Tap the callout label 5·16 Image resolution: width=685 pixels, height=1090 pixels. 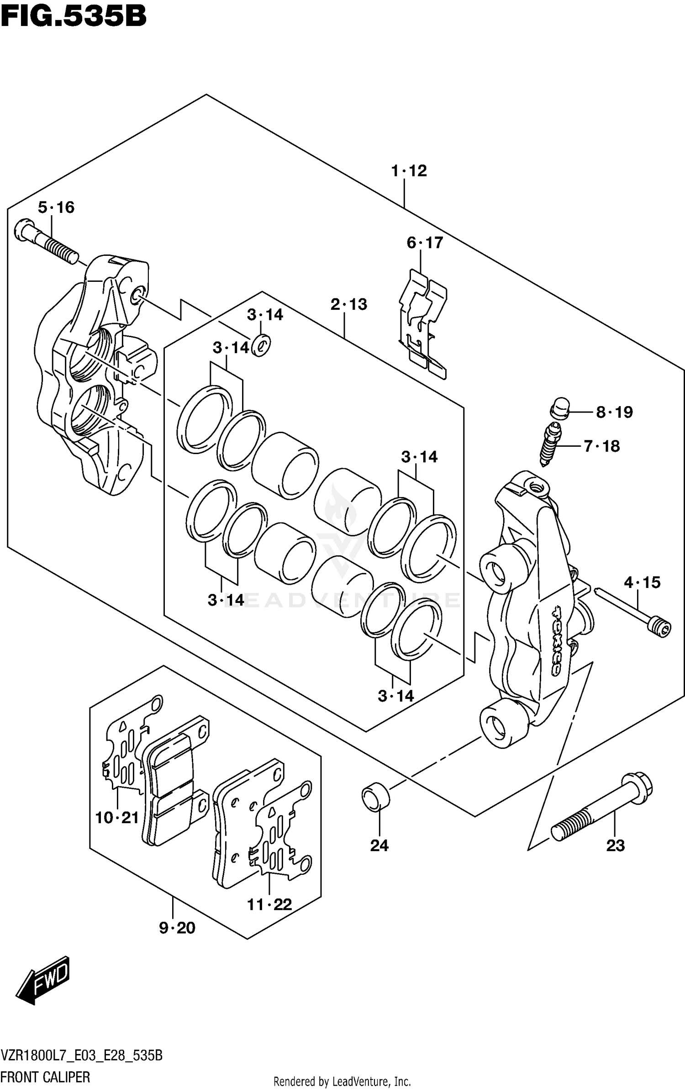pos(56,207)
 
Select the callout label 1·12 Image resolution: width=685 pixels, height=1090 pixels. pos(409,171)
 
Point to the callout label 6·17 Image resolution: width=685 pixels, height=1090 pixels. pos(425,243)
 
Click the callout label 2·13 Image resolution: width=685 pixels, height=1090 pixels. pos(349,304)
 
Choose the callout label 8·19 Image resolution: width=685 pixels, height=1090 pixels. pos(614,413)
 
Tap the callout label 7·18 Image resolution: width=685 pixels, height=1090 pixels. pos(602,446)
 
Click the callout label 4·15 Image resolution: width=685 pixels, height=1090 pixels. pos(642,582)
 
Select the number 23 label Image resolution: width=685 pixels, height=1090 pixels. pos(615,846)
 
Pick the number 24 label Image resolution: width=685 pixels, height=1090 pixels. pos(379,846)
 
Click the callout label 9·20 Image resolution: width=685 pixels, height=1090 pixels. pos(177,928)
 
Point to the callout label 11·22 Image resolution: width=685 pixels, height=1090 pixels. pos(269,905)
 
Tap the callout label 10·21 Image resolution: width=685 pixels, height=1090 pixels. pos(117,817)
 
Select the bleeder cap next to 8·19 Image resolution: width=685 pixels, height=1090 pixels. pos(560,408)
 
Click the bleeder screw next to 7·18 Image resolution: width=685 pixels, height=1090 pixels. pos(550,444)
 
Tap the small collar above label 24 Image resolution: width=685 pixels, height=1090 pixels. pos(375,796)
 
